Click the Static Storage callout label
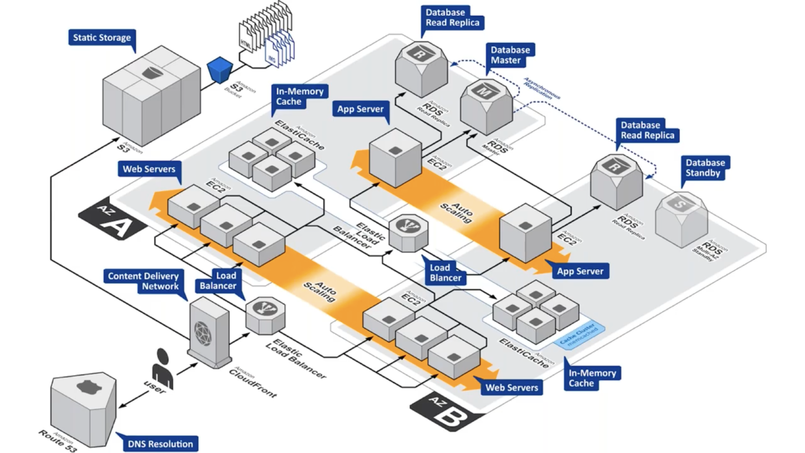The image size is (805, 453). point(102,38)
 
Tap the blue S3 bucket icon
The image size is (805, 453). point(220,70)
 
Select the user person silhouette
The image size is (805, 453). point(163,369)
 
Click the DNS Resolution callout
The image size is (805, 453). point(160,444)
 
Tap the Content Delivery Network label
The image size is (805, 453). point(143,281)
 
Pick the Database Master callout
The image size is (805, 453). point(510,55)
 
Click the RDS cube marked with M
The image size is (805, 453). point(486,107)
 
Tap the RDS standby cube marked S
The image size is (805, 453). point(681,219)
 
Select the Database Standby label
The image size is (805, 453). point(705,168)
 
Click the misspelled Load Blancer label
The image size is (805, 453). point(445,273)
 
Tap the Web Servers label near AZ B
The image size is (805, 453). point(512,388)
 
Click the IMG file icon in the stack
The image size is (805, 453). point(272,57)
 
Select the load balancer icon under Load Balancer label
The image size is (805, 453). point(265,315)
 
